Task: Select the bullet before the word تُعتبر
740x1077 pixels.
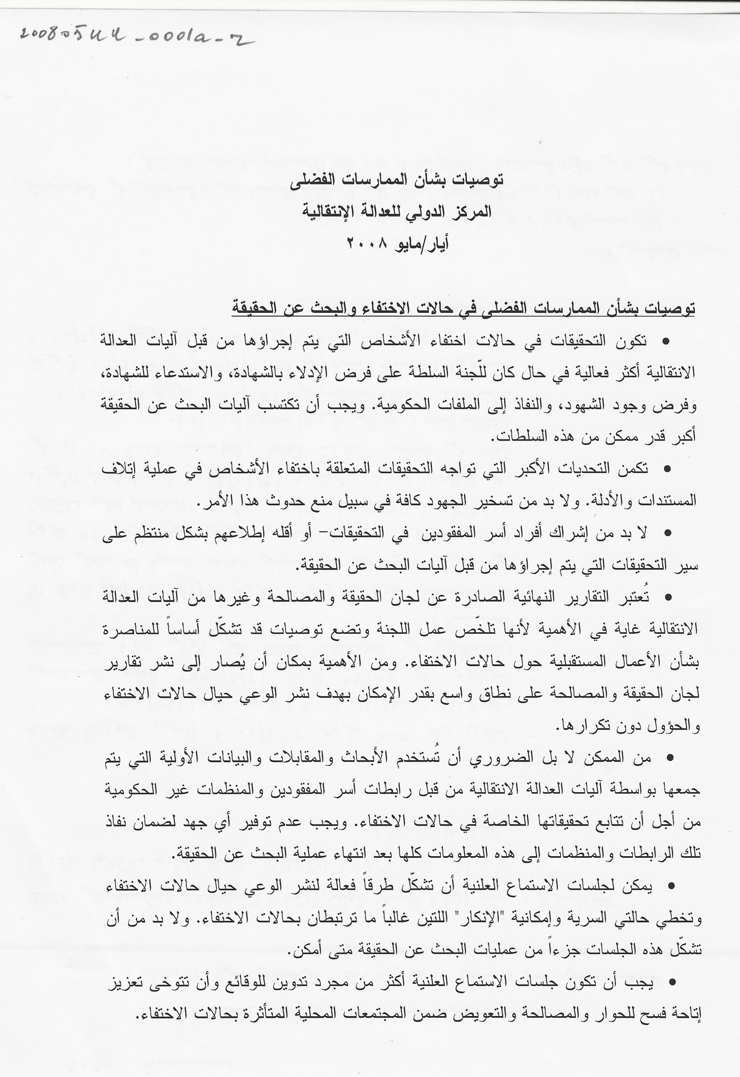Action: [668, 597]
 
